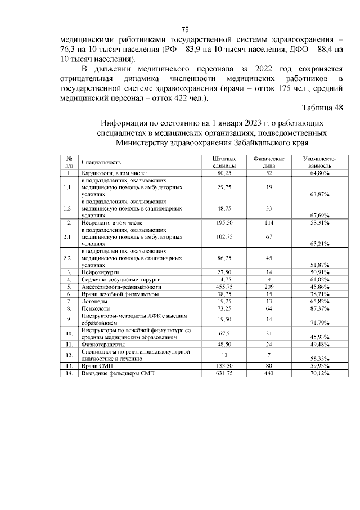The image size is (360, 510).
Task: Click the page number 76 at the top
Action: pos(185,30)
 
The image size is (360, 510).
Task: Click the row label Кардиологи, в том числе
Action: pos(114,173)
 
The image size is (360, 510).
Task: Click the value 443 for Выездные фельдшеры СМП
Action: pos(269,373)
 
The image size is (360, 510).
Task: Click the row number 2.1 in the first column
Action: pos(69,237)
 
